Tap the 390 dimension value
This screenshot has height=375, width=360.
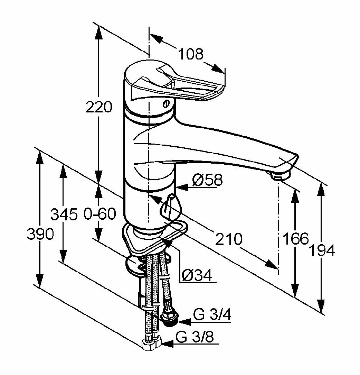pyautogui.click(x=41, y=235)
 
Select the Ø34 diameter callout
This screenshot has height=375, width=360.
pyautogui.click(x=197, y=276)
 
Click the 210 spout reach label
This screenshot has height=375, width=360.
pyautogui.click(x=228, y=238)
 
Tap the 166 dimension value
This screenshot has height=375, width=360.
pyautogui.click(x=295, y=238)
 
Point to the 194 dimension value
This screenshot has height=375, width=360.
pyautogui.click(x=322, y=250)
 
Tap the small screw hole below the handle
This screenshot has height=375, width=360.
pyautogui.click(x=166, y=103)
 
